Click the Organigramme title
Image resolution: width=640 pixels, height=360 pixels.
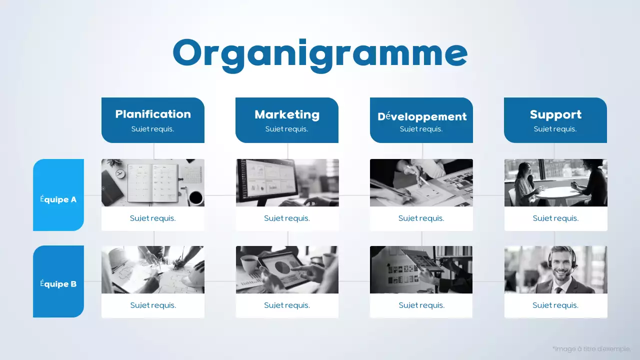[320, 54]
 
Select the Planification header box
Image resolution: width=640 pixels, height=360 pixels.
[153, 120]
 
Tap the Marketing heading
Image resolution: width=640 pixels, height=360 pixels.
[287, 114]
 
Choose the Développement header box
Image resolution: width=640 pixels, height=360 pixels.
[421, 120]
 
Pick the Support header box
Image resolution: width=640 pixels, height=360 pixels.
[555, 120]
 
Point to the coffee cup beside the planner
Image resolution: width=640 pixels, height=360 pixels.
[196, 197]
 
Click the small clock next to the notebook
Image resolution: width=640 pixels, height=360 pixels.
[119, 173]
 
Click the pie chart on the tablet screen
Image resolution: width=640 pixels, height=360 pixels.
[282, 267]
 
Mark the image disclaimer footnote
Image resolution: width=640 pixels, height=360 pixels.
[591, 348]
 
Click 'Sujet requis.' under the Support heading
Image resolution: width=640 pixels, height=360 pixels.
[555, 129]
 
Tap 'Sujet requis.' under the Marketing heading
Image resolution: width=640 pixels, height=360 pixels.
[287, 129]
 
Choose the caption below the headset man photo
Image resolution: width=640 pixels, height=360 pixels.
[555, 305]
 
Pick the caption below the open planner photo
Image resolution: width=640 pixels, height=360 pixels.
[153, 218]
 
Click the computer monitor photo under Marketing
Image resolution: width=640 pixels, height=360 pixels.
[287, 182]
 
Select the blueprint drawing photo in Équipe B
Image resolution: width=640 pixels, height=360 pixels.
[153, 269]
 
